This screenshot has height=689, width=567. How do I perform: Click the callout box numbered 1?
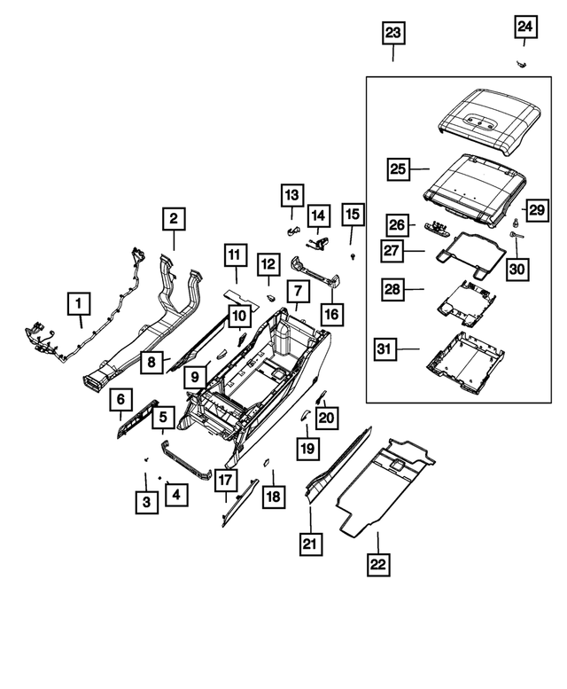coord(80,306)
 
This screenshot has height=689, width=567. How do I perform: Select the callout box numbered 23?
coord(392,34)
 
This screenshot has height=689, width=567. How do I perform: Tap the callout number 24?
coord(525,28)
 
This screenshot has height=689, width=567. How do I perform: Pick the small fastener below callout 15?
coord(353,255)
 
